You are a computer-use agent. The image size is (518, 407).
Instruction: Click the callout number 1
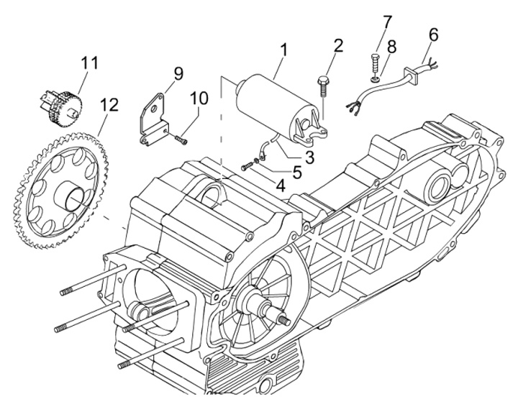coord(284,50)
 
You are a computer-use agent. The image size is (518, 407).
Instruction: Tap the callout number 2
coord(338,47)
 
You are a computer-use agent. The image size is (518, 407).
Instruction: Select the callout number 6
coord(433,35)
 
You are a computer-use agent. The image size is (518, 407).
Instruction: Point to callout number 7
coord(387,22)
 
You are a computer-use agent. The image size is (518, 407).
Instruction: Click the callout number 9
coord(178,73)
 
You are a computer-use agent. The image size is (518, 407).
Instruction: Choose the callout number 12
coord(109,105)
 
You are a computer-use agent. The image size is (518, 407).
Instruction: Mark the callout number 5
coord(296,172)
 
